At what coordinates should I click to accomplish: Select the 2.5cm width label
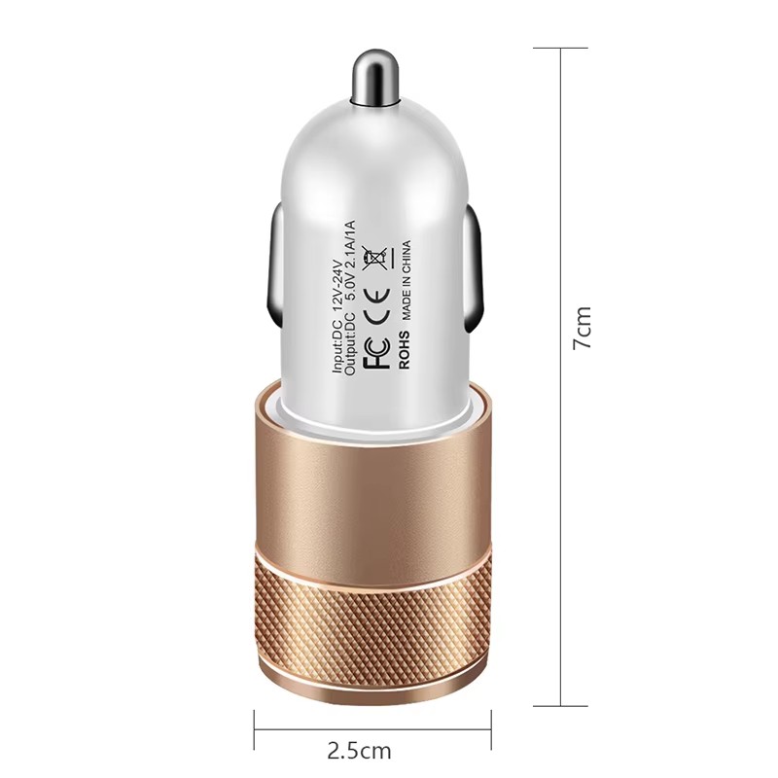[x=360, y=750]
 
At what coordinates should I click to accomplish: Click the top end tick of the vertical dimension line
[x=561, y=48]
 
